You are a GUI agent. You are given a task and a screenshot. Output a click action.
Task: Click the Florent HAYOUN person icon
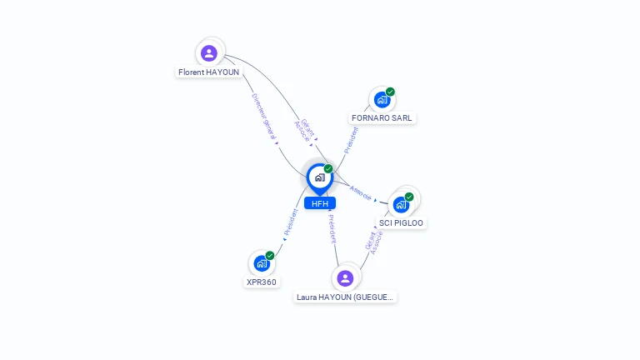pos(209,53)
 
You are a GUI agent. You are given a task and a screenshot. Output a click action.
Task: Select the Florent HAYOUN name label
pos(208,72)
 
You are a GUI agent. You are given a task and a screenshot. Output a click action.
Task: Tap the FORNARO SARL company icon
pos(382,100)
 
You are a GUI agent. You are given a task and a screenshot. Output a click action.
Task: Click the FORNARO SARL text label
pos(382,118)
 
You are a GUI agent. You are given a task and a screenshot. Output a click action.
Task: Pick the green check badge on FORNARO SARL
pos(390,92)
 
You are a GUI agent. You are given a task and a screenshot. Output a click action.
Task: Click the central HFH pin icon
pos(319,177)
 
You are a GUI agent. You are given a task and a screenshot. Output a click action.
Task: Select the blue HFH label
pos(320,203)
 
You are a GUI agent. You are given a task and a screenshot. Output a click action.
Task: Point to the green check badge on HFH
pos(328,169)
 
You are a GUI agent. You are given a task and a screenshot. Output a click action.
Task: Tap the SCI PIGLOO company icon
pos(401,205)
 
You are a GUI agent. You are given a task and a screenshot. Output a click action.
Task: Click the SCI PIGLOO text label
pos(402,223)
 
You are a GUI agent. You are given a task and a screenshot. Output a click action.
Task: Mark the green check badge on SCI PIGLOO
pos(409,197)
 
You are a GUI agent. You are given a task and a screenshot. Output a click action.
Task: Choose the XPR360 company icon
pos(262,263)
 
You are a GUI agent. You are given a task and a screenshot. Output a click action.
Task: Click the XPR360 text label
pos(262,282)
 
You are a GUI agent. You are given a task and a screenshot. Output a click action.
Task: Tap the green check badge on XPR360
pos(270,256)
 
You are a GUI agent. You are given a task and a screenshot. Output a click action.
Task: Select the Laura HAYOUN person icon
pos(345,277)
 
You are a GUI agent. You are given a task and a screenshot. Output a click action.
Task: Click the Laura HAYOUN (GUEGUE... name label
pos(345,297)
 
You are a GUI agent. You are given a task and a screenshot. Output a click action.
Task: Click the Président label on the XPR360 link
pos(291,222)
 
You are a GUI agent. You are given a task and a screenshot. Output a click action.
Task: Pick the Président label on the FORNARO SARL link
pos(351,139)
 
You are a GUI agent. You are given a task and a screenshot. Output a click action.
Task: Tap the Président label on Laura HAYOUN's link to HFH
pos(332,228)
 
